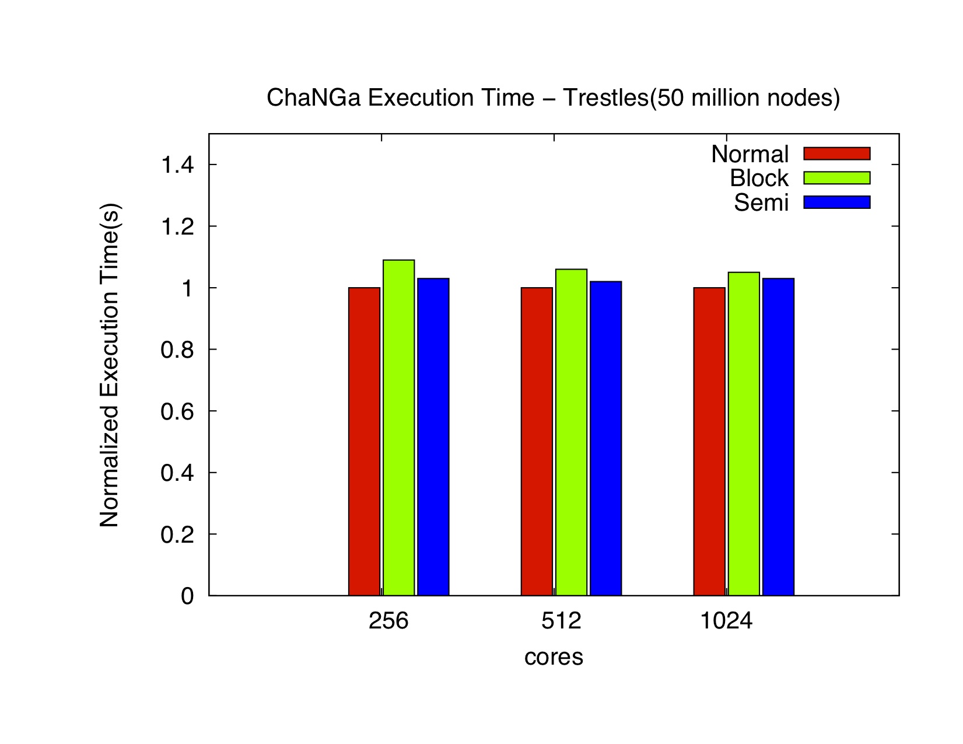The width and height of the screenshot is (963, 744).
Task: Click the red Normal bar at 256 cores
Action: [364, 441]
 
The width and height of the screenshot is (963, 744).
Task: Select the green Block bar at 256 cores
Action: [398, 427]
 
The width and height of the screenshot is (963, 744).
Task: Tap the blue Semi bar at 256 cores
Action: [433, 436]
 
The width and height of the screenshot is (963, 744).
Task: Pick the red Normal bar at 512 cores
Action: [537, 441]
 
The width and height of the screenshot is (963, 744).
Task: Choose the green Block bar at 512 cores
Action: [571, 432]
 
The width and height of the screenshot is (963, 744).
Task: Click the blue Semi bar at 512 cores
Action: [605, 438]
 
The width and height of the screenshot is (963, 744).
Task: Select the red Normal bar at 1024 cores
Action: [709, 441]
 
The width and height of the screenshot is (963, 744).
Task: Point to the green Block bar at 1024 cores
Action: [744, 434]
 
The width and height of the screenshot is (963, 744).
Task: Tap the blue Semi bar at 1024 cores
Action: [778, 436]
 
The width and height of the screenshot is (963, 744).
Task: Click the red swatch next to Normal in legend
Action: [836, 153]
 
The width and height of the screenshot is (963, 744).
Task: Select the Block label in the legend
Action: [759, 178]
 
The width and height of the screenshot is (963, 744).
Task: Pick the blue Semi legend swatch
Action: [836, 202]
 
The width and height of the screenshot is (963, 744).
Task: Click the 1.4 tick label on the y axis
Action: [177, 165]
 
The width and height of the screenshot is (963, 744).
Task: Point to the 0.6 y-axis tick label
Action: [177, 411]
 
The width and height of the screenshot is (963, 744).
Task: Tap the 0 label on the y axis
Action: [187, 596]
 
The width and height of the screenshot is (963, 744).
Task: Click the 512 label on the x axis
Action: [561, 621]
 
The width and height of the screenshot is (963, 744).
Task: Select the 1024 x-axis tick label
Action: [726, 621]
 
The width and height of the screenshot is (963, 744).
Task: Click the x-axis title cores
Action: [554, 657]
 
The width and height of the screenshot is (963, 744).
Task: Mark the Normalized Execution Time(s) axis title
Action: [110, 365]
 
